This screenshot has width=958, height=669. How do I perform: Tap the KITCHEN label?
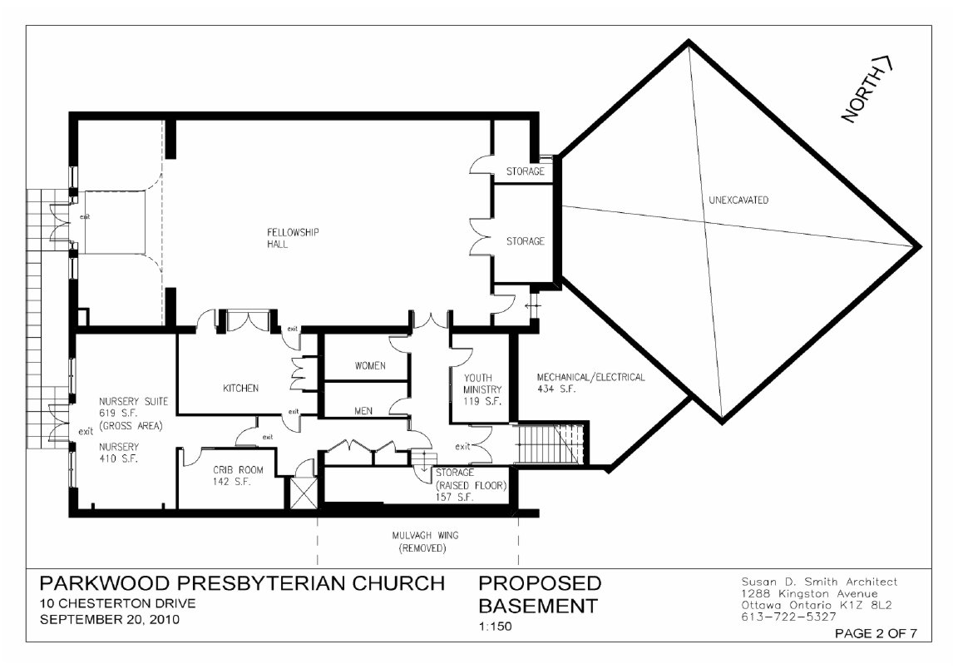coord(240,389)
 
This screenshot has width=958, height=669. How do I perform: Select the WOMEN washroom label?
coord(370,365)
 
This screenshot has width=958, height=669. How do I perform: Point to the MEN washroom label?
coord(363,411)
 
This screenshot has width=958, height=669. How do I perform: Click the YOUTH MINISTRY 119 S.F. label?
coord(482,389)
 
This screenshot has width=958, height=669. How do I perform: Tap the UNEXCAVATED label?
coord(738,200)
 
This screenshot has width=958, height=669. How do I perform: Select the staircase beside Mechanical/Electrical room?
coord(551,444)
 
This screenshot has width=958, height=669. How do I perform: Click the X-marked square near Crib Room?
coord(303,493)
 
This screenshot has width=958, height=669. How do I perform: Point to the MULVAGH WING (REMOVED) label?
coord(425,542)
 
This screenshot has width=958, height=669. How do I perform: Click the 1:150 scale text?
coord(495,627)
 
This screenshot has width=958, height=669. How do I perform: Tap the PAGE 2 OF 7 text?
coord(876,633)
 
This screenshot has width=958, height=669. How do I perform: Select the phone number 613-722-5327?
coord(788,617)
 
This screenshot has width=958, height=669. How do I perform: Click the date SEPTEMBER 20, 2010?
coord(110,619)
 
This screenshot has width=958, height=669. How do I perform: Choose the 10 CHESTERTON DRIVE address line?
coord(118,603)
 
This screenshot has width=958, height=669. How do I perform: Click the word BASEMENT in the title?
coord(538,606)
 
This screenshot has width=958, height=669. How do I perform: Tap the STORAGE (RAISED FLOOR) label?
coord(471,485)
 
